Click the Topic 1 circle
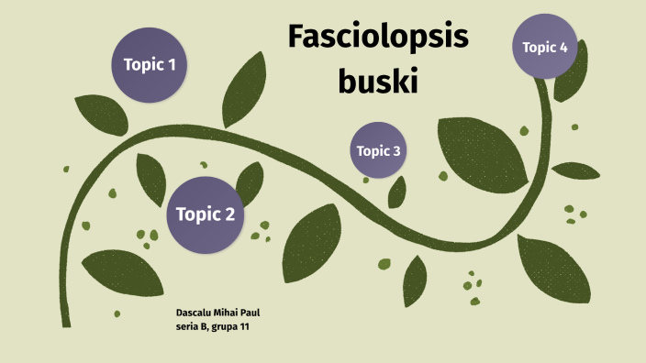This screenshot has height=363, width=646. [149, 64]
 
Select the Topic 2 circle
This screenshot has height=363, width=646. [205, 214]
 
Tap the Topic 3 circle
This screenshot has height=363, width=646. [378, 150]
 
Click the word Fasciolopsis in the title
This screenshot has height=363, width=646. [378, 38]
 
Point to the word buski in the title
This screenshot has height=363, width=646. [378, 82]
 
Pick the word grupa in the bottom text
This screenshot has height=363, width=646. [225, 327]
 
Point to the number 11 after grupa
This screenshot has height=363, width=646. [245, 327]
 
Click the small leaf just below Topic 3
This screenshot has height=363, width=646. [397, 192]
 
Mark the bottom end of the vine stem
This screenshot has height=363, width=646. [65, 320]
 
